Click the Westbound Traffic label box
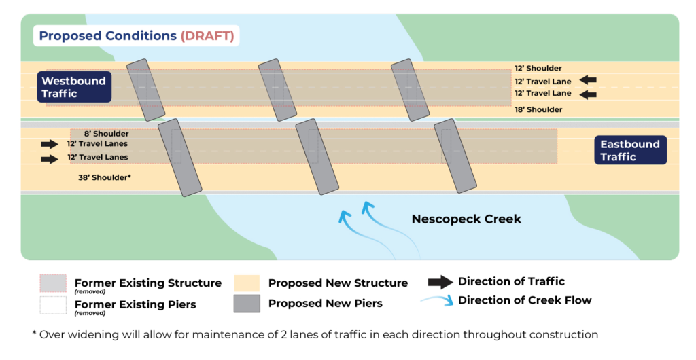tap(74, 87)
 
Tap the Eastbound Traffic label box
tap(630, 150)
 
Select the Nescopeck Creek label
tap(466, 219)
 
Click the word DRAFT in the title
tap(207, 36)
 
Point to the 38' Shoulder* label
tap(104, 177)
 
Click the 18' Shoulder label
tap(538, 109)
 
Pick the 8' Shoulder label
tap(107, 133)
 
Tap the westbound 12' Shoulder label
tap(538, 69)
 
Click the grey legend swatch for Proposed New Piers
tap(247, 304)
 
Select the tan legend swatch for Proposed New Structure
tap(247, 283)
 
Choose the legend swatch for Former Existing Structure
tap(53, 283)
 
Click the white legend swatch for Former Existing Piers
tap(53, 305)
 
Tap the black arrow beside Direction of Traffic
tap(440, 283)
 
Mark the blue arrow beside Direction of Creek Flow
tap(437, 300)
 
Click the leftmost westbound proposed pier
tap(145, 90)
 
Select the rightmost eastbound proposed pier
tap(455, 156)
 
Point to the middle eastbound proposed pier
tap(317, 156)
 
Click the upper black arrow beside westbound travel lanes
tap(588, 79)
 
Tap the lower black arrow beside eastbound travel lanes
tap(49, 159)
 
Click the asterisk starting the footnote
tap(34, 333)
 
